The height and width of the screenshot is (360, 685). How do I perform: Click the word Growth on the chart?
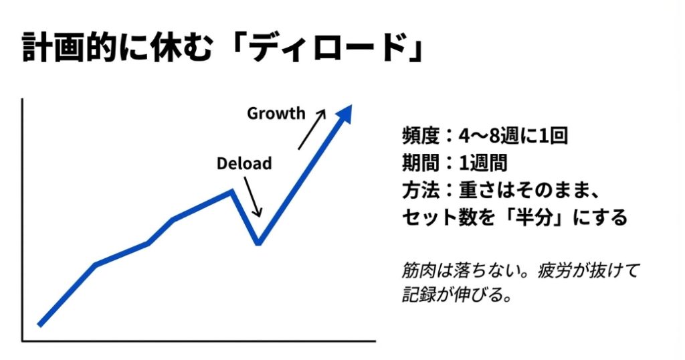point(276,113)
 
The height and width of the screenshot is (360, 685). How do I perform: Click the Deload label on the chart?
point(243,163)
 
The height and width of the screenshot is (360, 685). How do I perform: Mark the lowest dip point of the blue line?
point(258,242)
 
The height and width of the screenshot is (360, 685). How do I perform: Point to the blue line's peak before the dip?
point(231,191)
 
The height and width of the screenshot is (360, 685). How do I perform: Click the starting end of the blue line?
point(40,325)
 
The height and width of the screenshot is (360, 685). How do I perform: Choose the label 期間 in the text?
point(419,163)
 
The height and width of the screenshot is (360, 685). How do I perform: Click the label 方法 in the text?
point(419,190)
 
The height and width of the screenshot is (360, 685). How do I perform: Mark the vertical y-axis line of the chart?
point(23,221)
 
